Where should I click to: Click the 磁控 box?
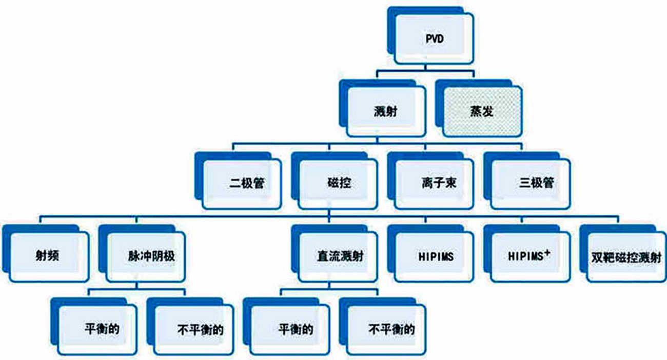[339, 183]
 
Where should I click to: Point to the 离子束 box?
[436, 184]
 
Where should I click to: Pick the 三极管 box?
[534, 184]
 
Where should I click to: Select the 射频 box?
[47, 255]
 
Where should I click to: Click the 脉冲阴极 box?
[147, 255]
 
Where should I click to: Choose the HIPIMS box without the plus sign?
[435, 256]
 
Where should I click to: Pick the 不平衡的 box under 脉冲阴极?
[195, 329]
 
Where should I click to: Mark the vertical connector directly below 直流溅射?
[329, 285]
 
